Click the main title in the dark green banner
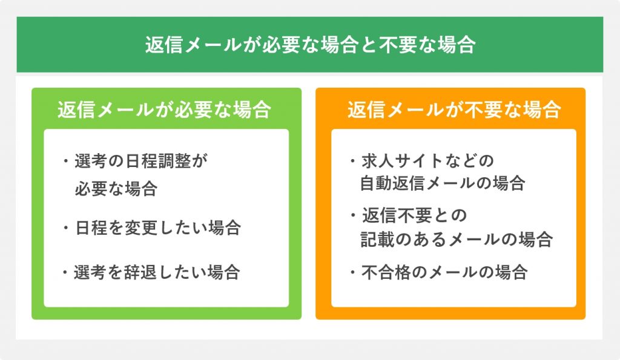click(310, 44)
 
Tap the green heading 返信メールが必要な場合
click(165, 110)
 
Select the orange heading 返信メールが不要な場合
click(454, 110)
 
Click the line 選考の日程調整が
click(141, 161)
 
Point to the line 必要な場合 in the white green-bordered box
click(116, 189)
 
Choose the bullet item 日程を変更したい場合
click(158, 228)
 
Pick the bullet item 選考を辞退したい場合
click(157, 272)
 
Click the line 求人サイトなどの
click(428, 161)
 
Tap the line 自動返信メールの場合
click(443, 183)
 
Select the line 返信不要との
click(415, 215)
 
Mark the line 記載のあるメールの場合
click(457, 239)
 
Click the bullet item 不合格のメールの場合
click(444, 272)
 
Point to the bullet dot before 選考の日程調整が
click(65, 161)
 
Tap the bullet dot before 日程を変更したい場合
click(65, 228)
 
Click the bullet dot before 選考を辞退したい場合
click(65, 272)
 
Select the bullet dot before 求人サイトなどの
click(353, 161)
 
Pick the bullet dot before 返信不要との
click(353, 215)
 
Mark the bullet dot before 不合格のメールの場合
click(353, 272)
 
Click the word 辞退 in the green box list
click(140, 272)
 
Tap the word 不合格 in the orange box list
click(386, 272)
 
